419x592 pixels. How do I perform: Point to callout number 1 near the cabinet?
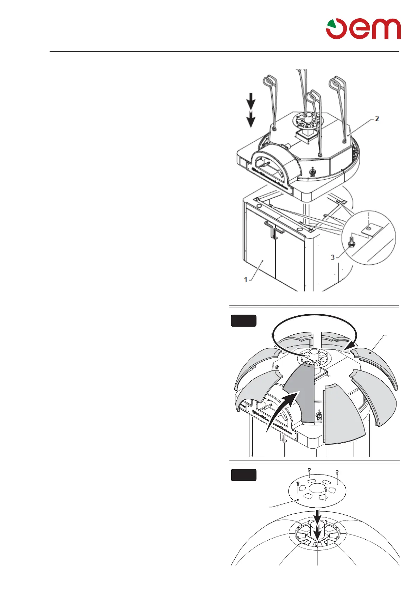(x=246, y=279)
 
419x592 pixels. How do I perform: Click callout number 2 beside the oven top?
(x=377, y=119)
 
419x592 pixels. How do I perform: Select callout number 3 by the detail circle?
(x=332, y=257)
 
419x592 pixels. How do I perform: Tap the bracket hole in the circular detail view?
(x=368, y=228)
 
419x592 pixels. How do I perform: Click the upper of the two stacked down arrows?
(x=250, y=102)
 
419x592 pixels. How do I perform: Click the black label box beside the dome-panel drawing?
(x=243, y=321)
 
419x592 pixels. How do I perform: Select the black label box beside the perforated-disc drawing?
(x=243, y=475)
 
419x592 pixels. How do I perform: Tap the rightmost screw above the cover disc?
(x=337, y=472)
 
